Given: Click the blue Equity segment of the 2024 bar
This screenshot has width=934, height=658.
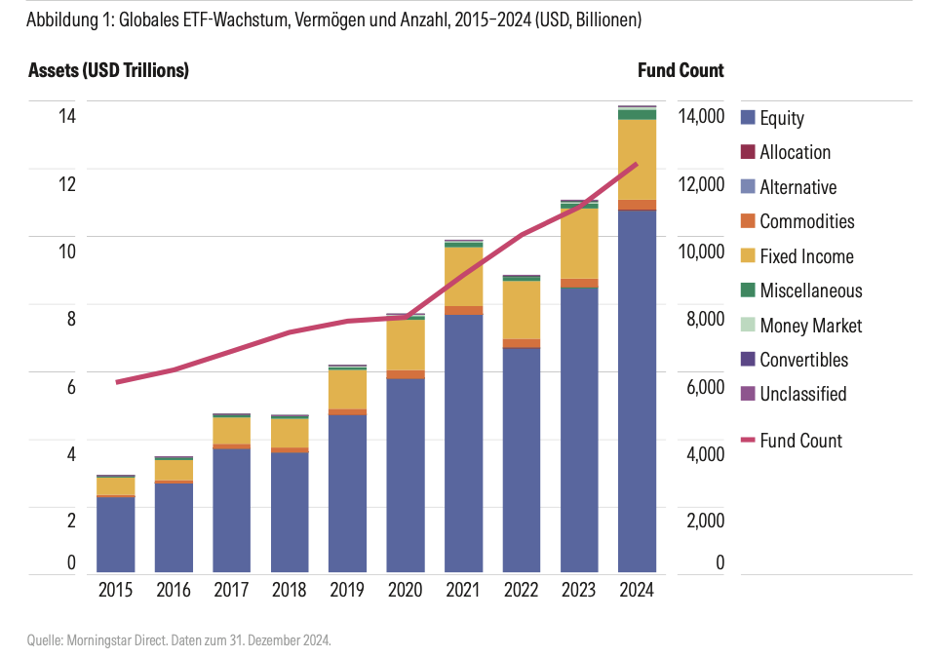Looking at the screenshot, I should (637, 390).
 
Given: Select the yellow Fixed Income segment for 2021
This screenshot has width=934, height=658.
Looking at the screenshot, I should (463, 277).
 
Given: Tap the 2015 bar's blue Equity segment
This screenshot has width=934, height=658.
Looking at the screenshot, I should (115, 534).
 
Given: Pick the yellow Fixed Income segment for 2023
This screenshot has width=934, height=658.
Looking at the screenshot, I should (579, 244).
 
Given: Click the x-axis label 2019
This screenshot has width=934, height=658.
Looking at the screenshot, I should (347, 590).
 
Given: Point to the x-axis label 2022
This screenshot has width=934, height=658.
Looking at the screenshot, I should (521, 590).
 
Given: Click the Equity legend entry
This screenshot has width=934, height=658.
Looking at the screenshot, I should (781, 118).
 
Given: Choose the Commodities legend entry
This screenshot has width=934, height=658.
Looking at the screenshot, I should (806, 221).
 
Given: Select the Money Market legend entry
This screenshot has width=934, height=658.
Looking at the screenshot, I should (810, 326).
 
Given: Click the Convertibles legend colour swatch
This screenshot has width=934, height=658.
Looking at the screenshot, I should (748, 360).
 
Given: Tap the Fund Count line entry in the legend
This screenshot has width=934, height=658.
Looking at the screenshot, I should (799, 441).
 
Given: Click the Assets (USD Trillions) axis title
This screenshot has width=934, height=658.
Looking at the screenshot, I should (108, 70).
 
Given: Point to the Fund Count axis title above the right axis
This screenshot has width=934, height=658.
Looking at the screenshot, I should (681, 70).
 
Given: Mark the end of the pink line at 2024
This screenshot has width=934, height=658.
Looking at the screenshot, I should (637, 164).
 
